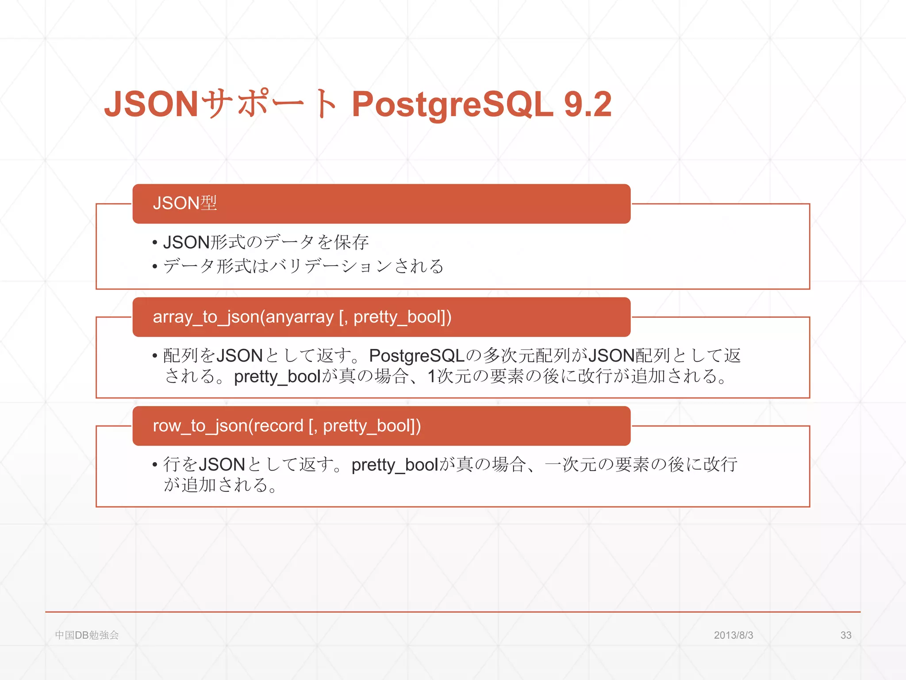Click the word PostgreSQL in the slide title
pyautogui.click(x=452, y=104)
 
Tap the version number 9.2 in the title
pyautogui.click(x=587, y=104)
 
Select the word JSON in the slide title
pyautogui.click(x=151, y=104)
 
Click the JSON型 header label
pyautogui.click(x=184, y=203)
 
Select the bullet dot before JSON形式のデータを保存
pyautogui.click(x=155, y=243)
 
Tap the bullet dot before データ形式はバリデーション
pyautogui.click(x=155, y=267)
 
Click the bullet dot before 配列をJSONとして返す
pyautogui.click(x=155, y=356)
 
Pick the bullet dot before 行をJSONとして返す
pyautogui.click(x=155, y=465)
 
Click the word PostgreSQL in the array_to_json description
pyautogui.click(x=417, y=356)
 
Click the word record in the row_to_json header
pyautogui.click(x=278, y=426)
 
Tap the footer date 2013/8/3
pyautogui.click(x=733, y=635)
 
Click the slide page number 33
pyautogui.click(x=846, y=635)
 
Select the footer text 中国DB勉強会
pyautogui.click(x=87, y=635)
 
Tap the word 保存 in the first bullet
pyautogui.click(x=352, y=243)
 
